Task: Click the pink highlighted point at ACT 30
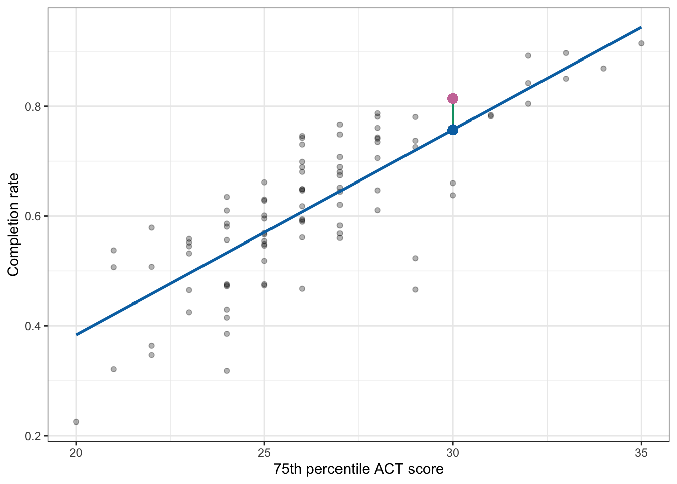[453, 98]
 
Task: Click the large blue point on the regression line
[453, 130]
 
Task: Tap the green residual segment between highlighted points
[453, 114]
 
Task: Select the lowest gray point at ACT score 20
[76, 421]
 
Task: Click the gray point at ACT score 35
[641, 43]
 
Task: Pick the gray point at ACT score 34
[603, 69]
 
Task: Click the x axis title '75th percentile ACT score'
[358, 469]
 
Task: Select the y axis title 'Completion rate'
[13, 224]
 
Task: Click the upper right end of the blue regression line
[640, 27]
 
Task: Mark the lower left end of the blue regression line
[77, 334]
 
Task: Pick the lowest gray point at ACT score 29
[415, 289]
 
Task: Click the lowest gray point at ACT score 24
[227, 371]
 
